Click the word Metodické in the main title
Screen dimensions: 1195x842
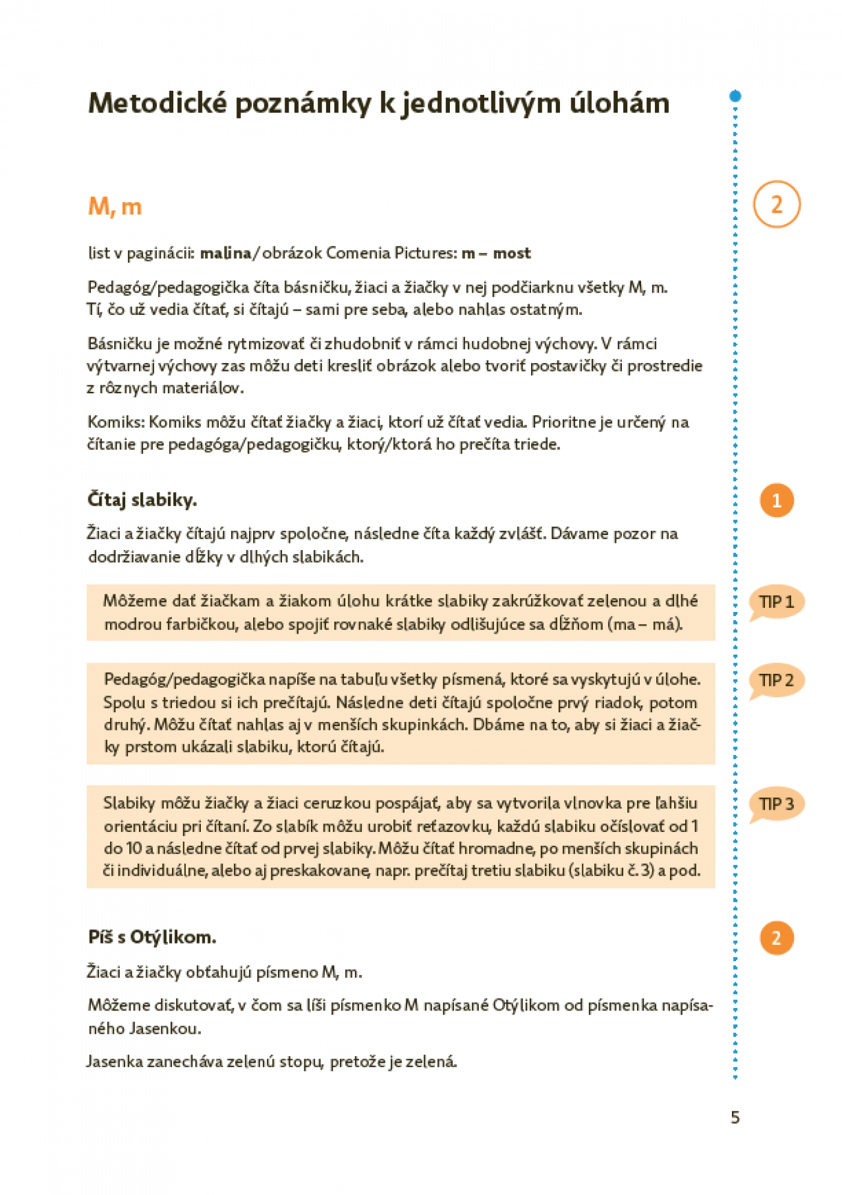coord(158,103)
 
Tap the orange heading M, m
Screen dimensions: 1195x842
coord(115,207)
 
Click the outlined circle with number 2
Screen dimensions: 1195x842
coord(776,204)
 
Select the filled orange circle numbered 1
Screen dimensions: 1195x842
coord(776,500)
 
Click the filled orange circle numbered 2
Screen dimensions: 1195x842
coord(776,938)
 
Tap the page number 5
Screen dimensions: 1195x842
coord(735,1117)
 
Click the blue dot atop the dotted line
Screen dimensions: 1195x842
coord(735,96)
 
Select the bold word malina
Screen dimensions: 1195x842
coord(226,253)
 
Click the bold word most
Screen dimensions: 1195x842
coord(512,253)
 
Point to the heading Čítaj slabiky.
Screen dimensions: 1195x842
coord(143,500)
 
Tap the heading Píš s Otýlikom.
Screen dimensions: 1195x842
coord(152,937)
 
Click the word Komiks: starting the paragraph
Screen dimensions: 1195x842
coord(116,422)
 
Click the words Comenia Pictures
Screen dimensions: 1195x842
coord(392,253)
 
